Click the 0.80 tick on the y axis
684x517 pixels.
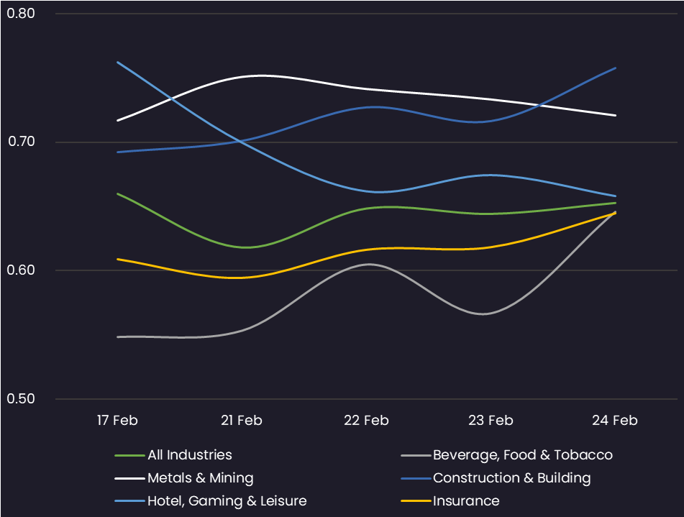pos(20,14)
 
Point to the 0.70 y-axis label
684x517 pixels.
pos(20,142)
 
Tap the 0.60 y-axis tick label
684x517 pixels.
pos(20,270)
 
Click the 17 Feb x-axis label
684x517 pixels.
pos(117,420)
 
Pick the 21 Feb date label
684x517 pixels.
pos(241,420)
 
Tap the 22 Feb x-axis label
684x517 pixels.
pos(366,420)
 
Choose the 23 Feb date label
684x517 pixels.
pos(491,420)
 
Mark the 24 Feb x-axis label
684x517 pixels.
pos(616,420)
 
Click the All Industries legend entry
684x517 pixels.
pos(189,455)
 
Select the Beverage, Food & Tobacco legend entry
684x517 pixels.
pos(522,455)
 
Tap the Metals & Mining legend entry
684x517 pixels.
pos(200,478)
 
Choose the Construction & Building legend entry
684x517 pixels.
pos(511,478)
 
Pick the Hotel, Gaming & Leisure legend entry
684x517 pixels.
pos(227,501)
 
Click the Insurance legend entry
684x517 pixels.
pos(465,501)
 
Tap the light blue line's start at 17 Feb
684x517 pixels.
pos(117,62)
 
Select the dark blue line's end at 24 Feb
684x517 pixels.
pos(616,68)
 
